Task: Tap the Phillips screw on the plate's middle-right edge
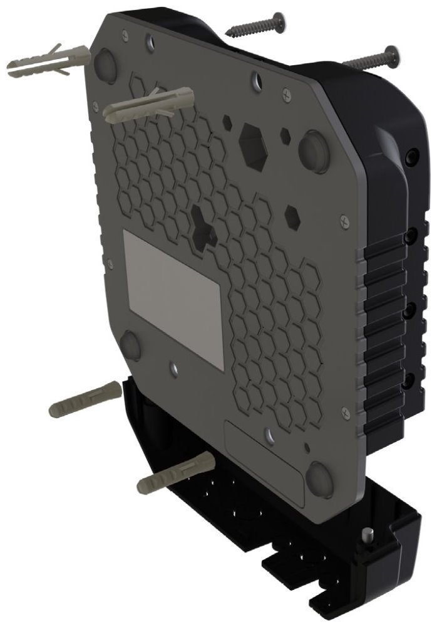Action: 344,221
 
